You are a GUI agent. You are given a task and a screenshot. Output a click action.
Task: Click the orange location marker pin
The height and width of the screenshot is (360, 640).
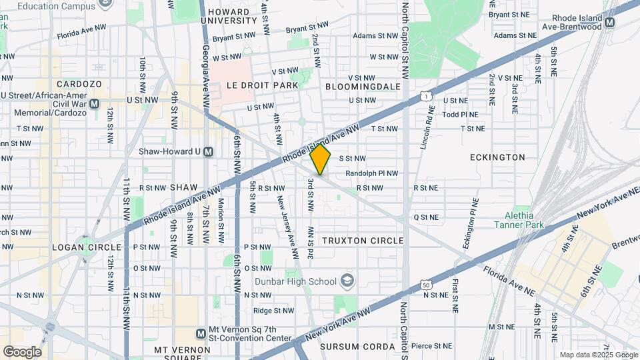(x=321, y=159)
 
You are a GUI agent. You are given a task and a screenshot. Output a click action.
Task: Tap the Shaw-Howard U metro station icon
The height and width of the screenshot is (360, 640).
(x=208, y=151)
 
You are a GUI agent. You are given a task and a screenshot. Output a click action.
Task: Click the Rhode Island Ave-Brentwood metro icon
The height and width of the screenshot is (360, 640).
(x=610, y=25)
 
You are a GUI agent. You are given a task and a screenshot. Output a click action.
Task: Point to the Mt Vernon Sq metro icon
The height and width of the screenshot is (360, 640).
(x=201, y=333)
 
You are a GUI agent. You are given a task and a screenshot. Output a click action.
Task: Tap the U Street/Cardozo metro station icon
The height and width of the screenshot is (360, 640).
(x=94, y=103)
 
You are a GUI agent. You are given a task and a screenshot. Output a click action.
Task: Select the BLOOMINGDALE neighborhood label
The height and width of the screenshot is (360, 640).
(x=363, y=87)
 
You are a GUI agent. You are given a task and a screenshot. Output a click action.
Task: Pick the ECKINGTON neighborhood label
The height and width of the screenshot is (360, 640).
(x=497, y=157)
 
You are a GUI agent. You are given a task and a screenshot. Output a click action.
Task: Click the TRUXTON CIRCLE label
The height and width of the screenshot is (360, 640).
(x=363, y=240)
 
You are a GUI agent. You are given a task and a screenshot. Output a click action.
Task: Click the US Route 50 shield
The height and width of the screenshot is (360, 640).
(x=425, y=285)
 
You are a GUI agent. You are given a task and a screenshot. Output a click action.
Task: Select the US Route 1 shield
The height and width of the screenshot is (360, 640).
(x=425, y=97)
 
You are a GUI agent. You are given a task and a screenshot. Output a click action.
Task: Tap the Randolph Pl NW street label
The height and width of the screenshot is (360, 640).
(x=372, y=173)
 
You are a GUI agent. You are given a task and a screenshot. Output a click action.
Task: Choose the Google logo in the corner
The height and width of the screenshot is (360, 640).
(x=22, y=351)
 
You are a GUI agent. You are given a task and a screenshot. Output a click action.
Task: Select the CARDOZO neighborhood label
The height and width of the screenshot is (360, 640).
(x=79, y=84)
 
